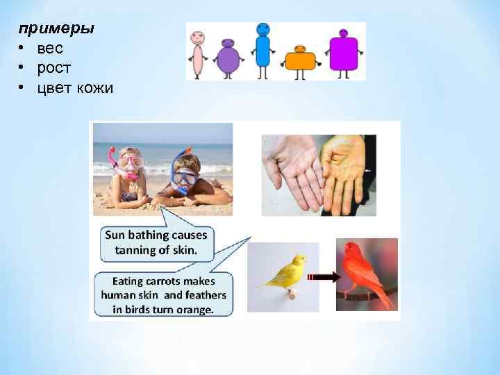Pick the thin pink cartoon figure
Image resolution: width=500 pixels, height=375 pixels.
pyautogui.click(x=198, y=53)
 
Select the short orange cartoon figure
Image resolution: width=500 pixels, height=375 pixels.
pyautogui.click(x=301, y=58)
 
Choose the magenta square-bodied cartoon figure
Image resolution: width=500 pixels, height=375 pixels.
pyautogui.click(x=343, y=51)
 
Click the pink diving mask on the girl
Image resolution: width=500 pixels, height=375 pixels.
pyautogui.click(x=130, y=162)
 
